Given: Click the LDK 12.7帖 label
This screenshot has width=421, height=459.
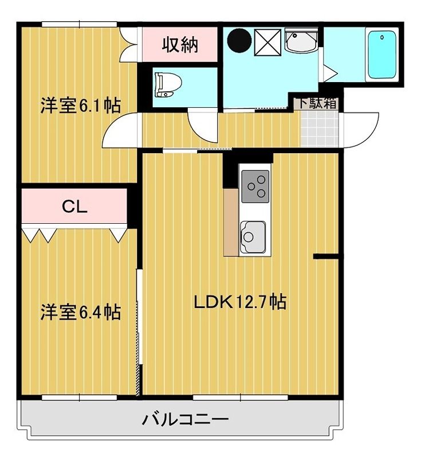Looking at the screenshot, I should click(239, 302).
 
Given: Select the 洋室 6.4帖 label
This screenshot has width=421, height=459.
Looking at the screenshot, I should click(80, 313).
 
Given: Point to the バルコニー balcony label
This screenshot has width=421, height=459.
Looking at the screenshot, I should click(185, 419).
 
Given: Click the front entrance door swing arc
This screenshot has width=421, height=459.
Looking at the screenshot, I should click(362, 129).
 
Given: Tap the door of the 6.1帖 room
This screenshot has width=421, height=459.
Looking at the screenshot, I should click(121, 131).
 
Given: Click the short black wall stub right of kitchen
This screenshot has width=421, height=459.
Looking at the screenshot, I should click(325, 256).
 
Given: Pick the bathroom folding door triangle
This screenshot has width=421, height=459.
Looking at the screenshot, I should click(329, 72).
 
